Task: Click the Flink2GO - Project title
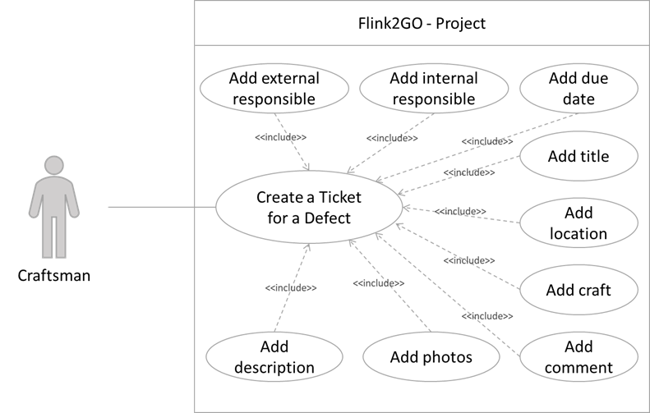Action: [x=421, y=23]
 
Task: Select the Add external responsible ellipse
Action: [x=274, y=89]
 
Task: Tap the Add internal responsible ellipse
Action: [x=433, y=89]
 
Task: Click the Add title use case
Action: [x=579, y=156]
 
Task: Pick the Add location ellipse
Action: [x=579, y=223]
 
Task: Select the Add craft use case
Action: [x=579, y=290]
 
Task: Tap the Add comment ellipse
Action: [x=579, y=356]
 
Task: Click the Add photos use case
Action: [x=431, y=357]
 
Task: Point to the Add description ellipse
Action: [x=274, y=357]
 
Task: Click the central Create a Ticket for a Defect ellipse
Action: [x=308, y=208]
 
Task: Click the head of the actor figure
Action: [x=55, y=165]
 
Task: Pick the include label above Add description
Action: [x=291, y=287]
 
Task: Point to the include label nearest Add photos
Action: [x=378, y=283]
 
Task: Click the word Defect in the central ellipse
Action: [x=328, y=218]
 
